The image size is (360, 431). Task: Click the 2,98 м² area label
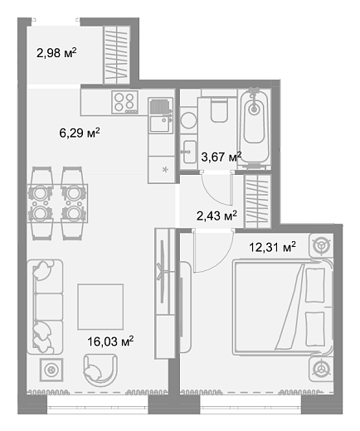click(56, 52)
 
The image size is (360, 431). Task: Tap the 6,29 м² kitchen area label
click(80, 133)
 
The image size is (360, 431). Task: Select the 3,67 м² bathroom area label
click(221, 157)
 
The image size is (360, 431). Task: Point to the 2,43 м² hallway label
click(216, 215)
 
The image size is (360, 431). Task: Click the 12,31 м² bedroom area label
click(272, 247)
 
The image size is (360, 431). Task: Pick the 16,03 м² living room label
click(110, 341)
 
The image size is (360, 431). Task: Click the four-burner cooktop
click(125, 102)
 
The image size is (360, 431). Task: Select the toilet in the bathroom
click(219, 109)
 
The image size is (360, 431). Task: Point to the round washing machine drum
click(188, 120)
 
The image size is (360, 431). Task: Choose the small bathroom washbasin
click(190, 152)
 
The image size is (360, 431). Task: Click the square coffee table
click(100, 307)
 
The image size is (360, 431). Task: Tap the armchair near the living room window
click(100, 370)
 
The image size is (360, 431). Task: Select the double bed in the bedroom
click(283, 307)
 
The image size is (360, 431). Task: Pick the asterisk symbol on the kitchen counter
click(165, 169)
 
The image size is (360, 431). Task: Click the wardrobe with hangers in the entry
click(117, 55)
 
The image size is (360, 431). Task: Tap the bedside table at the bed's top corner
click(321, 245)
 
